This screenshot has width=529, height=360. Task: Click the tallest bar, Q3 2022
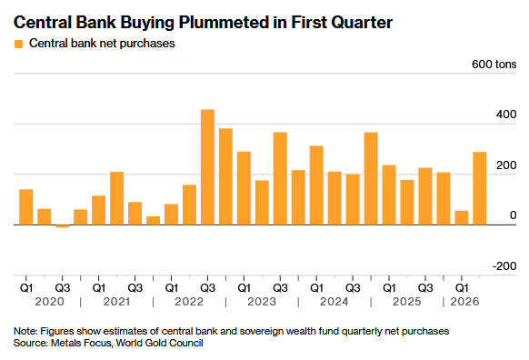(207, 167)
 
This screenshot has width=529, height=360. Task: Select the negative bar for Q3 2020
(63, 226)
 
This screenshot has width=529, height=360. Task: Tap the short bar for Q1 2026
(462, 217)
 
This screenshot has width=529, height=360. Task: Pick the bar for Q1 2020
(26, 207)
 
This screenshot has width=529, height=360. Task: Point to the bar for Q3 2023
(280, 178)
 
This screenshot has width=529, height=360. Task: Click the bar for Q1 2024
(316, 185)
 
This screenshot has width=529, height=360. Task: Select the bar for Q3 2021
(135, 214)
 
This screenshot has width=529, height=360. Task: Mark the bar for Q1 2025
(389, 195)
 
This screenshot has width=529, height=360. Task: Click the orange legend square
(18, 44)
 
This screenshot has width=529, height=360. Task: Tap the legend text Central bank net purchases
(102, 44)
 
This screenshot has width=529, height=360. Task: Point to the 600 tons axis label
(494, 65)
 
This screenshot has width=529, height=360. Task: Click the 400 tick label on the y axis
(506, 115)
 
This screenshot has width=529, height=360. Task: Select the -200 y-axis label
(504, 266)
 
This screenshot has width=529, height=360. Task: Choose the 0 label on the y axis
(514, 215)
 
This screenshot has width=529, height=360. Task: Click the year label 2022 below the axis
(189, 301)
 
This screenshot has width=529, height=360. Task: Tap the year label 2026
(464, 301)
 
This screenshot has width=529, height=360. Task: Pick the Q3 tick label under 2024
(353, 288)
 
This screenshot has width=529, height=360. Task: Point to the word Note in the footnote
(25, 331)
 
